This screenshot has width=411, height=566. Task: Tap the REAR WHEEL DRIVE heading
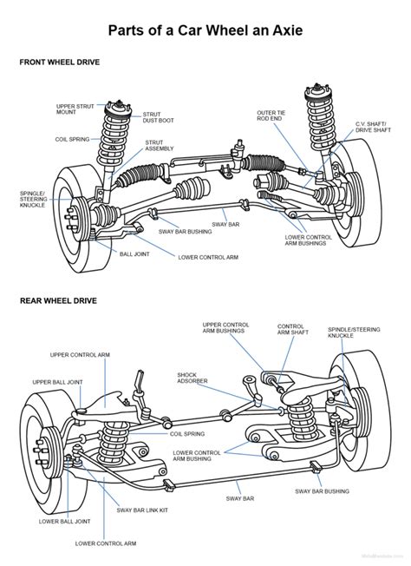(58, 301)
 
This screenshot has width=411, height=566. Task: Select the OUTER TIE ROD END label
(271, 116)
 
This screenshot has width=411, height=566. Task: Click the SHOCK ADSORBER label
(192, 379)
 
